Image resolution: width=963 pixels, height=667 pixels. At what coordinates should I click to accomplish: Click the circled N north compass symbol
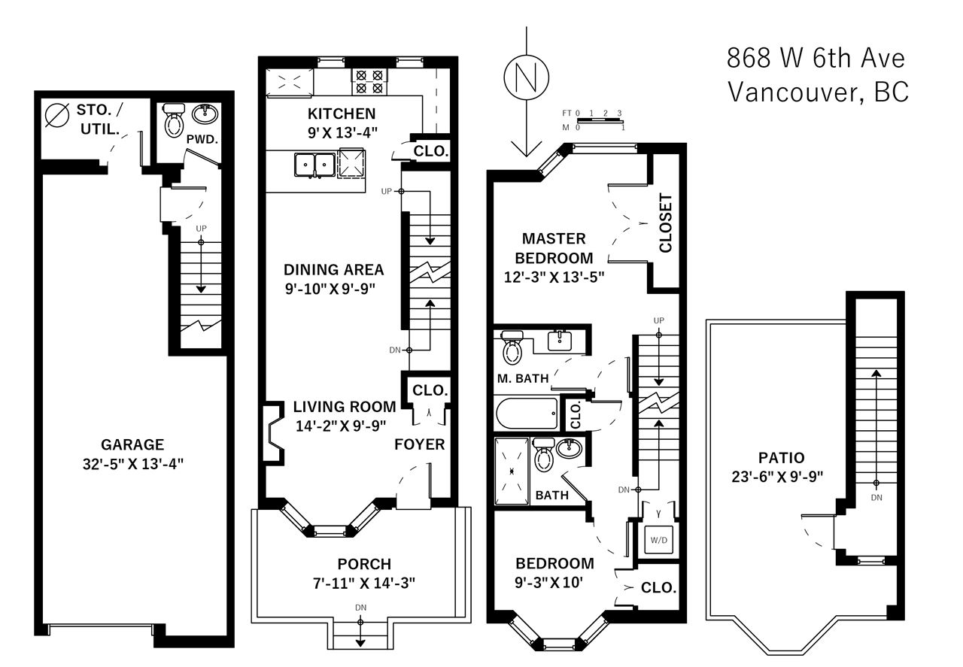[x=526, y=77]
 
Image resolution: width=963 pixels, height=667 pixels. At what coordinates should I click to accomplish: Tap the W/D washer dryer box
[x=658, y=540]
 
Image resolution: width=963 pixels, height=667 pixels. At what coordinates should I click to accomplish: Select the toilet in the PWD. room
[x=174, y=120]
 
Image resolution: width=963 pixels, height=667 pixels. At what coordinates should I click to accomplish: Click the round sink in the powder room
[x=205, y=114]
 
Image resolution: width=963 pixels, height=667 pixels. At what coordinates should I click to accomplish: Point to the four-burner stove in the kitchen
[x=369, y=82]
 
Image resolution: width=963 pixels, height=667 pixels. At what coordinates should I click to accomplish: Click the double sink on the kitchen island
[x=314, y=165]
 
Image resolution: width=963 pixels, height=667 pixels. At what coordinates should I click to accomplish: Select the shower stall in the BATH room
[x=512, y=471]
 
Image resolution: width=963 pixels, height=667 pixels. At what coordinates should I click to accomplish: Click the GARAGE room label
[x=132, y=444]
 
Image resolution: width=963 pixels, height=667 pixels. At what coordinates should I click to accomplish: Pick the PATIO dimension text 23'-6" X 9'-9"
[x=777, y=477]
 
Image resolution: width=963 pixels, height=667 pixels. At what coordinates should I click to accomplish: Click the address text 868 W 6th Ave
[x=816, y=59]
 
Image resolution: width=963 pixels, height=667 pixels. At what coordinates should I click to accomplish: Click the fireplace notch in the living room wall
[x=274, y=433]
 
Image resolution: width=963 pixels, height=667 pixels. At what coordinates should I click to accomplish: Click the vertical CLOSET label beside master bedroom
[x=665, y=223]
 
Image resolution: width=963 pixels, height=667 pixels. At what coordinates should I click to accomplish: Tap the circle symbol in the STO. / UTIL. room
[x=56, y=116]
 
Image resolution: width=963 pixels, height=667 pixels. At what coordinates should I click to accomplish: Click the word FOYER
[x=420, y=444]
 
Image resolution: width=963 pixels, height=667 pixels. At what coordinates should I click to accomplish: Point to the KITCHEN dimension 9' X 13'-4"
[x=342, y=133]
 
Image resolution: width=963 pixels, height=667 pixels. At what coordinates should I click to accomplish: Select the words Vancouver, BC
[x=818, y=92]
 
